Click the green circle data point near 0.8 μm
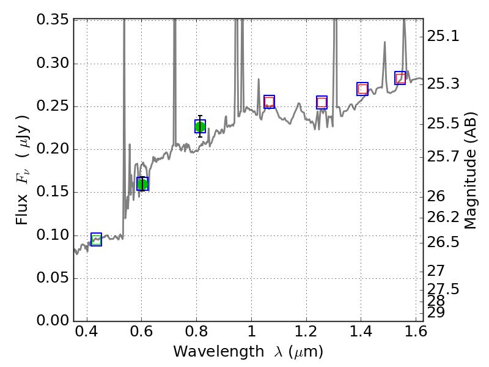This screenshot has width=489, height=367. [x=200, y=127]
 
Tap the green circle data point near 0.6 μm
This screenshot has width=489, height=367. [x=142, y=184]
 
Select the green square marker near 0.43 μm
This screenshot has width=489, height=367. [x=96, y=239]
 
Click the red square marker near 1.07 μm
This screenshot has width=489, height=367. [x=269, y=102]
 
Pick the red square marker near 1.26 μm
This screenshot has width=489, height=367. [x=322, y=103]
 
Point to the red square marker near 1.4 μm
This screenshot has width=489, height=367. [x=362, y=89]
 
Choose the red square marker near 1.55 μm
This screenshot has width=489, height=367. [x=400, y=78]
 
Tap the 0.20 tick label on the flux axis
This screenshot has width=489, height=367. [x=53, y=150]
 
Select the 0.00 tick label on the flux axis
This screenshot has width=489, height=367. [x=53, y=321]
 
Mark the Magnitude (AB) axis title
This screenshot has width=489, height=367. [x=470, y=171]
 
